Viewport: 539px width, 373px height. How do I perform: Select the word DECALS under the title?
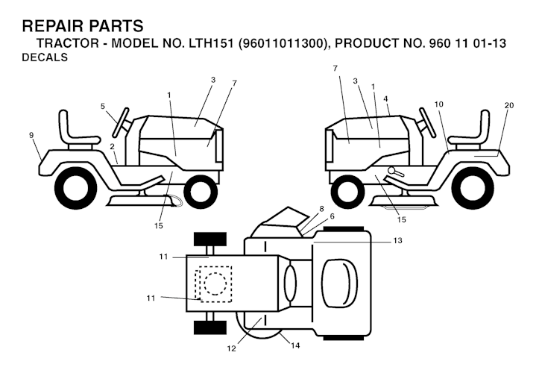tap(45, 58)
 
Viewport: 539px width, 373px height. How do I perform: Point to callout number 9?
tap(31, 135)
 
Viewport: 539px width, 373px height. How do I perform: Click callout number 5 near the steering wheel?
tap(103, 106)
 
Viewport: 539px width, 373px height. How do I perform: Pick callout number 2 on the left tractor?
tap(112, 146)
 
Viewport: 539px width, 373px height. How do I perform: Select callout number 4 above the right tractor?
tap(385, 98)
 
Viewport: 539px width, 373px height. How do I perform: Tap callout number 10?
tap(438, 104)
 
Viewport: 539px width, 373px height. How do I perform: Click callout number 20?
tap(508, 105)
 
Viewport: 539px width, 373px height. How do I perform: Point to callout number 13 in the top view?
tap(397, 240)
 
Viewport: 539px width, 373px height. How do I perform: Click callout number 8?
tap(321, 208)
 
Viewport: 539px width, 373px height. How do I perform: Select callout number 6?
tap(332, 216)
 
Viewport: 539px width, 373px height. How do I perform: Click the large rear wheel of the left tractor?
tap(75, 187)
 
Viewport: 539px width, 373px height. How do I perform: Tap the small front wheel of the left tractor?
tap(201, 192)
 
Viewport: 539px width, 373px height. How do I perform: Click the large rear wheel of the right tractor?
tap(474, 187)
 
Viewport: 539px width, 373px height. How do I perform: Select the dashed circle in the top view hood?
tap(214, 283)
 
